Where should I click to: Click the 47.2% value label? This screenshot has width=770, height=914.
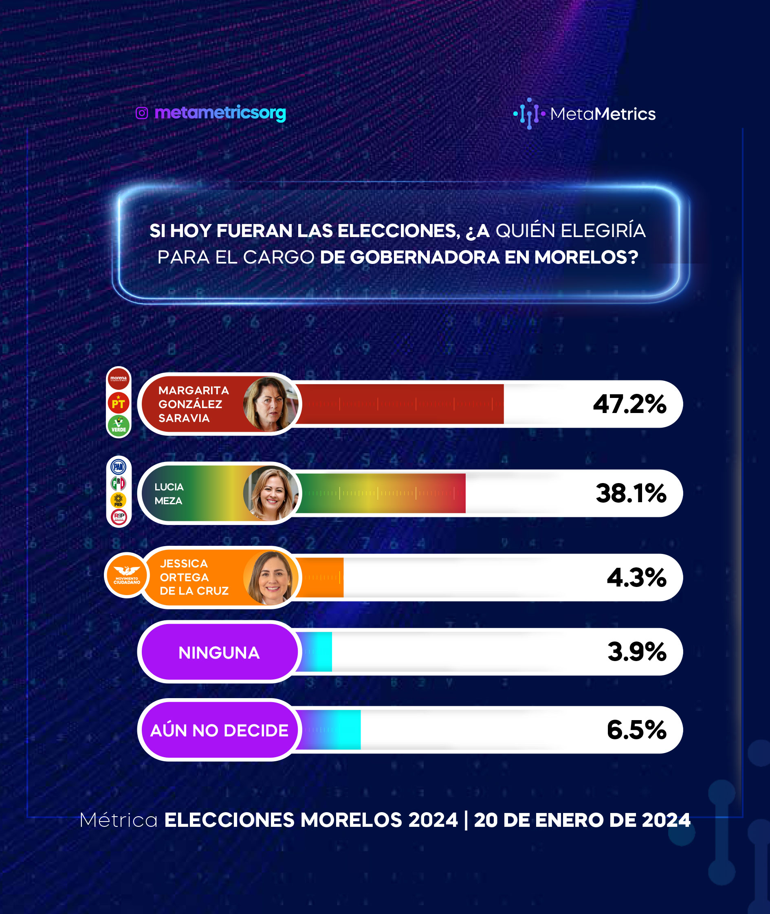point(629,404)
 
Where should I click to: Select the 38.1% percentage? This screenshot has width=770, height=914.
point(631,493)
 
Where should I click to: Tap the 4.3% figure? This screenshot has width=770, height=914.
point(636,578)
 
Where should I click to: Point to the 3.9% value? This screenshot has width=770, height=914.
point(637,652)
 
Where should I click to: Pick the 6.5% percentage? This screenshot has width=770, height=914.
point(636,729)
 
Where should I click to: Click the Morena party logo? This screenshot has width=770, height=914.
point(118,379)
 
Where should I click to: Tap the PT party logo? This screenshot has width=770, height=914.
point(118,403)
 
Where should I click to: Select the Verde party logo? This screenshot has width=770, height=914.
point(118,425)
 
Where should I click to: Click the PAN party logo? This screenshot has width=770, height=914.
point(118,467)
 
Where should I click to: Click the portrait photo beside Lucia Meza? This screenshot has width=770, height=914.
point(271,493)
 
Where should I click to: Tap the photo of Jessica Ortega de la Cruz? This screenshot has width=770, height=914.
point(271,578)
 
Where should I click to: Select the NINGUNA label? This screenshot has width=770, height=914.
point(219,653)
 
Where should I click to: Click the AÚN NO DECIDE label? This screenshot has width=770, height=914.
point(219,730)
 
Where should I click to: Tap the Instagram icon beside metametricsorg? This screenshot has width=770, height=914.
point(142,113)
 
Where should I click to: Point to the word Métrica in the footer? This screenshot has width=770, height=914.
point(119,820)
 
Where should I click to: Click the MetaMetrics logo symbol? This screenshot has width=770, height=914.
point(529,114)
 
